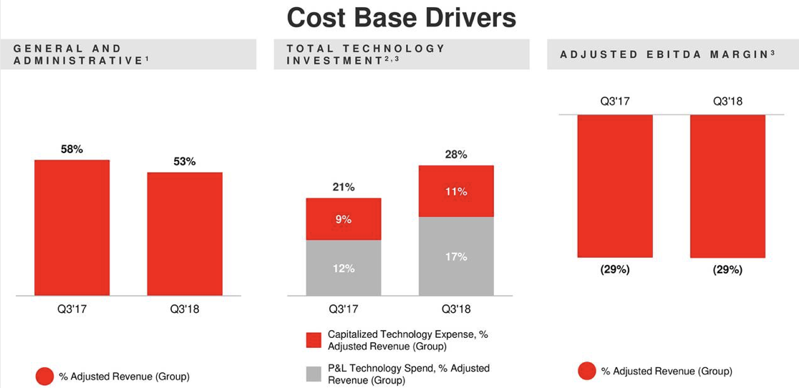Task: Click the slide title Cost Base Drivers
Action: [x=401, y=18]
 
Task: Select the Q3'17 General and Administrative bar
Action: [x=72, y=228]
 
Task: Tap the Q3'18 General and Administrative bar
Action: [x=185, y=234]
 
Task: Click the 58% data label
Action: [x=72, y=149]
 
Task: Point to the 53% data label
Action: [x=185, y=162]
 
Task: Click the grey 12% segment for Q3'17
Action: [x=344, y=268]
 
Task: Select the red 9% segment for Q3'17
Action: [x=344, y=219]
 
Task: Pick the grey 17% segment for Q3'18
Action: [x=456, y=256]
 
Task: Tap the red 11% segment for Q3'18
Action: [x=456, y=191]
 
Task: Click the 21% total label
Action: [x=344, y=187]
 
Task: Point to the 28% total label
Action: [x=456, y=154]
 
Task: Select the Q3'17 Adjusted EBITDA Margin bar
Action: [x=615, y=185]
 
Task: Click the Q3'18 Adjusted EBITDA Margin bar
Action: [x=727, y=185]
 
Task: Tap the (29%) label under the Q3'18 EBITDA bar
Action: [x=727, y=270]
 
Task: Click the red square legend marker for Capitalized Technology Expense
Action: [x=314, y=340]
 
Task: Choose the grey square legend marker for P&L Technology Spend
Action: [x=314, y=374]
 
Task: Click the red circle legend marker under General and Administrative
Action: [x=44, y=376]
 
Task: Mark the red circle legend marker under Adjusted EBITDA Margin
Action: [x=587, y=371]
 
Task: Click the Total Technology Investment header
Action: [x=366, y=54]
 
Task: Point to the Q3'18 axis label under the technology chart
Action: [x=456, y=309]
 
